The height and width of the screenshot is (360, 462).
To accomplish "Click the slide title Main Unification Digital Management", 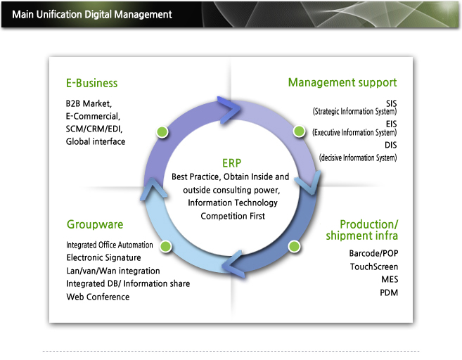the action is coord(92,15).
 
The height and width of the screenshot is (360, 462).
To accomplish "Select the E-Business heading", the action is coord(91,83).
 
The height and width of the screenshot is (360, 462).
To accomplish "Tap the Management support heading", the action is coord(342,83).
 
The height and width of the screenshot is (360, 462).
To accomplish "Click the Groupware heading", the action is coord(95,224).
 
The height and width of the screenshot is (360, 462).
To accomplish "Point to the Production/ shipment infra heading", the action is coord(362,230).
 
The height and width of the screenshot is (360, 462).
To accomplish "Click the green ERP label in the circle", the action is coord(231,163).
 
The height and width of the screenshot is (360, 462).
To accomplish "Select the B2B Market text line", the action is coord(89,103).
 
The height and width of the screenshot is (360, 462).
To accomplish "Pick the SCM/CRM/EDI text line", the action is coord(94,129).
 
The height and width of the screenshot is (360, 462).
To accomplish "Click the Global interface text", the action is coord(96,142).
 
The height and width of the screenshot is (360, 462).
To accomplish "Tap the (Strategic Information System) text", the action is coord(354,112).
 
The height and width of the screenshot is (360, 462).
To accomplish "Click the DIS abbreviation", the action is coord(391,145).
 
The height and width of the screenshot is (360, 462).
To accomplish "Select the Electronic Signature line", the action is coord(103,258).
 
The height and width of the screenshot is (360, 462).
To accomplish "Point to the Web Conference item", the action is coord(98,297).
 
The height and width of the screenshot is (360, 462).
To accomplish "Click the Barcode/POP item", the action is coord(373,253).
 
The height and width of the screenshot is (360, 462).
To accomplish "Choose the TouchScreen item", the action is coord(374,266).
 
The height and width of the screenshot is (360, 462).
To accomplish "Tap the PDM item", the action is coord(389,292).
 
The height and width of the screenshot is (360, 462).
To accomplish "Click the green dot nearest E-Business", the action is coord(162,131).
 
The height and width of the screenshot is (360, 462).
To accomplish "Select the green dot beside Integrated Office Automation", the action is coord(165,246).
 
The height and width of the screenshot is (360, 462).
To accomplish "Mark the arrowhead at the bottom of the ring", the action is coord(233,264).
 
